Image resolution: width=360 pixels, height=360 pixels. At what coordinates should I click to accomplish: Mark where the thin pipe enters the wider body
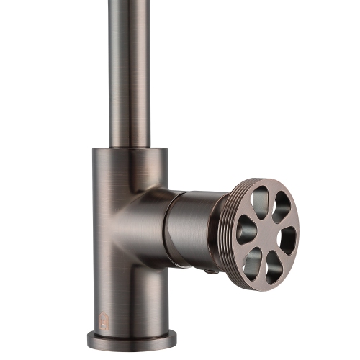pos(130,146)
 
